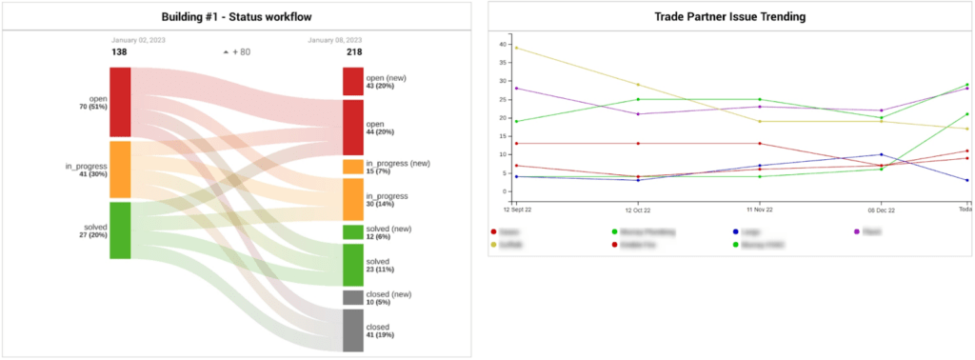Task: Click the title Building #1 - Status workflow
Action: [x=236, y=16]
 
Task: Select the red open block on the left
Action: [x=120, y=102]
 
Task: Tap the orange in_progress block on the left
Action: [x=120, y=170]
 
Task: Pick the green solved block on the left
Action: [x=120, y=230]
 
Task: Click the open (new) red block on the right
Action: [x=352, y=82]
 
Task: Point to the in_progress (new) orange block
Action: [x=352, y=167]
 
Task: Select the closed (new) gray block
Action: [x=352, y=297]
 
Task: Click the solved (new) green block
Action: [x=352, y=231]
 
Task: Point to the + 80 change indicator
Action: [x=236, y=51]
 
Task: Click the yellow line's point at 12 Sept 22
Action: [x=515, y=48]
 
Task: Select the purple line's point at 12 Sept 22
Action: [x=515, y=89]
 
